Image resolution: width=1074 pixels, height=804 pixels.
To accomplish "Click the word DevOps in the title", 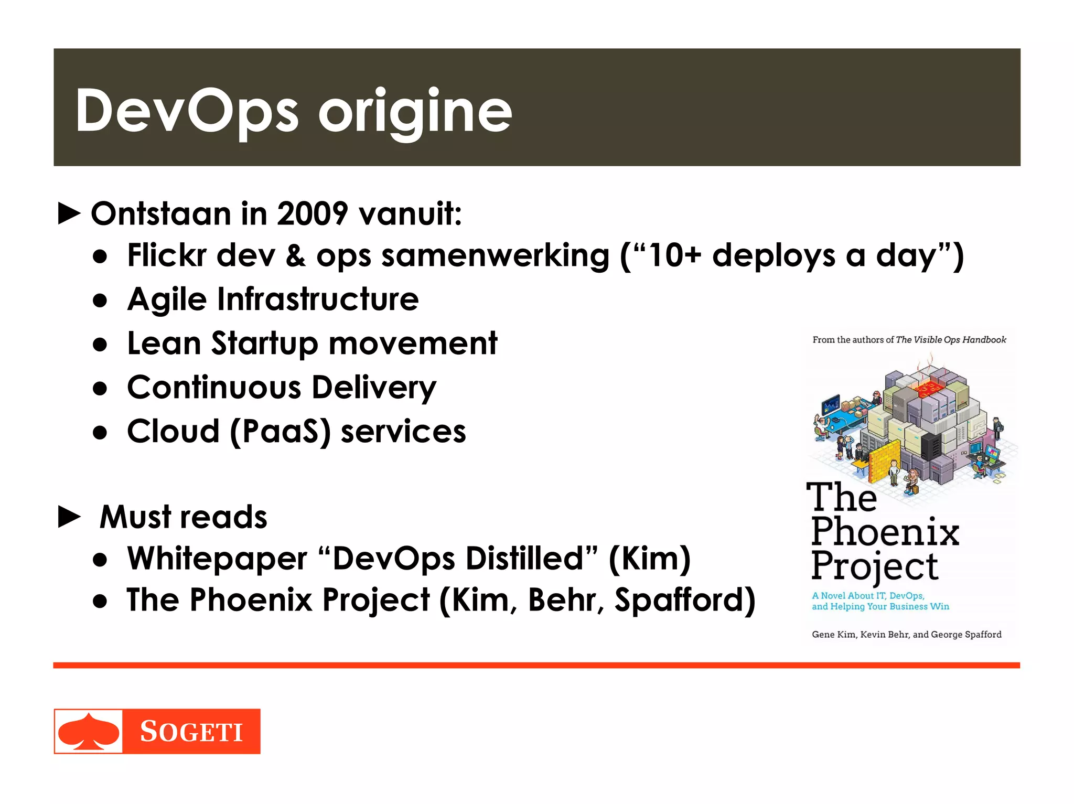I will point(187,111).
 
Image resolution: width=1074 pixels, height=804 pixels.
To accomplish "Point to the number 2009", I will point(312,214).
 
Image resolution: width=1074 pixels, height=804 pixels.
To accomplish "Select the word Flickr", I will point(167,256).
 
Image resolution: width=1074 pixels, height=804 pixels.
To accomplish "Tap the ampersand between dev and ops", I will point(296,256).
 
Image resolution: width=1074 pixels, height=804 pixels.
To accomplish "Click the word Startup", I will point(265,344).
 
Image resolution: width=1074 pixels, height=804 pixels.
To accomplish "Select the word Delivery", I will point(374,388).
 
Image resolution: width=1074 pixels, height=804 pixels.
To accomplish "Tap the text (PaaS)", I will point(281,432).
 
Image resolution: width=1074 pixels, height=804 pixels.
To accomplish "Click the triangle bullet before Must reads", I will point(69,517).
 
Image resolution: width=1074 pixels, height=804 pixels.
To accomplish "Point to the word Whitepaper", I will point(217,558).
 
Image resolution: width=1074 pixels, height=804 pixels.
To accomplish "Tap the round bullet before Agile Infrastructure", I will point(100,301).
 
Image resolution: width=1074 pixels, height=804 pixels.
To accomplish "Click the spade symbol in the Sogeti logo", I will point(88,731).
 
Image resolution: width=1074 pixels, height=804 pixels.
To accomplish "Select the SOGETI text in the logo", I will point(191,732).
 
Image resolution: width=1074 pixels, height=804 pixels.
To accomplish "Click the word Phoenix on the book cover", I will point(885,532).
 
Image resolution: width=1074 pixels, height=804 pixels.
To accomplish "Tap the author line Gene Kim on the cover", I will point(906,635).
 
